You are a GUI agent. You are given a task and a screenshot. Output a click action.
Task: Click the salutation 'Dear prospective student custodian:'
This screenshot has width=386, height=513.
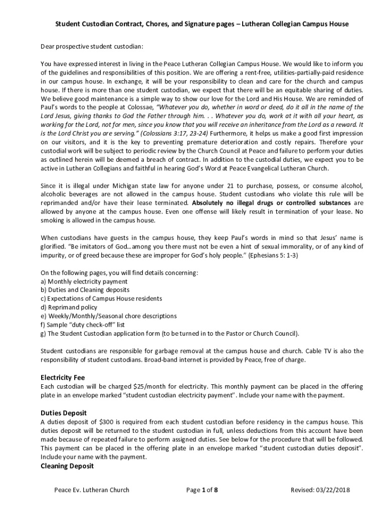[x=92, y=47]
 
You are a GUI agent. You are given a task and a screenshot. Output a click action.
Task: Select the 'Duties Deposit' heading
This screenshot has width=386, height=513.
[x=64, y=413]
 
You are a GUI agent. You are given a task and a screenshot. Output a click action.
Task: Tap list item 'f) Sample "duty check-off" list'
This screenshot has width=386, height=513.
[x=83, y=325]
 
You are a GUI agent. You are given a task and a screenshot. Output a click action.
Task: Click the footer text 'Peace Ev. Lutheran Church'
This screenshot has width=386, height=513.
[x=92, y=490]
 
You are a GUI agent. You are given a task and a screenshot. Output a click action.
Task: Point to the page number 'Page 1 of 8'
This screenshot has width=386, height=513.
[x=202, y=490]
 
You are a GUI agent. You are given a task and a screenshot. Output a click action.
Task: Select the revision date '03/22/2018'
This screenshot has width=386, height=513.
[x=332, y=490]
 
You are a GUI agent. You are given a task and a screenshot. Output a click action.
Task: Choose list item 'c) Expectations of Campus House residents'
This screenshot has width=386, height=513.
[x=101, y=299]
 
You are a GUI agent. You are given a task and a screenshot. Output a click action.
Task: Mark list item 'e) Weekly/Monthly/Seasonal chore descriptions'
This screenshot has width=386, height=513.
[x=108, y=316]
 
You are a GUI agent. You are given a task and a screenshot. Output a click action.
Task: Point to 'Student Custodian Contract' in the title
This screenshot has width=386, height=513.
[x=94, y=24]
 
